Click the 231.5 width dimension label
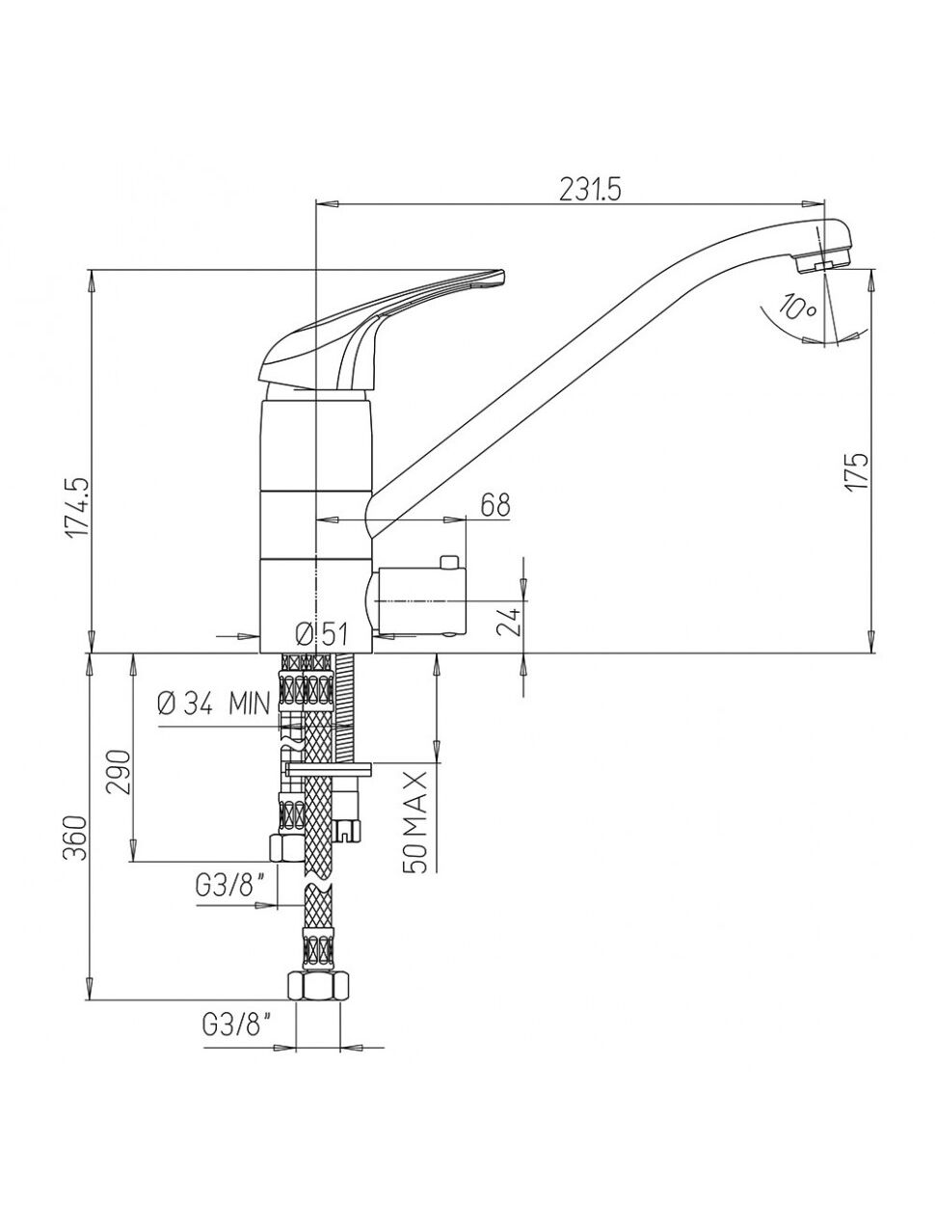coord(590,191)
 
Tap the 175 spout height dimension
coord(856,471)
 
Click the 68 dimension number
coord(494,505)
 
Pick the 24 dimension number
coord(508,622)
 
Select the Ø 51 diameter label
coord(322,634)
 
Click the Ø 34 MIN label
coord(213,705)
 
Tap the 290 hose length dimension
coord(120,772)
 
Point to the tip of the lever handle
coord(502,276)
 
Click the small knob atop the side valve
coord(448,562)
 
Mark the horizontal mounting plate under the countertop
coord(328,769)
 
